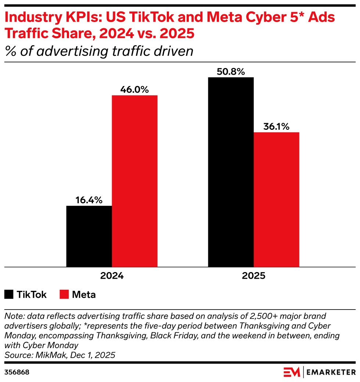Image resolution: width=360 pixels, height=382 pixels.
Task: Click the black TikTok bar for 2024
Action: (x=89, y=236)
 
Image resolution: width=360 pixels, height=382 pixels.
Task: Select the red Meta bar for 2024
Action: (x=134, y=181)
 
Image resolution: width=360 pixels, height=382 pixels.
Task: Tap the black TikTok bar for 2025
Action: (x=231, y=172)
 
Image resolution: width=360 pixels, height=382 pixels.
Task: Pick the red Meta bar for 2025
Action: (x=276, y=199)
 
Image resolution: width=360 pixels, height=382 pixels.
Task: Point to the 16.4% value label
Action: (x=89, y=200)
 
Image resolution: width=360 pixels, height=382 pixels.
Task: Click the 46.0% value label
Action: (x=135, y=90)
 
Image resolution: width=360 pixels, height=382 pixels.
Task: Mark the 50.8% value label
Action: (x=231, y=72)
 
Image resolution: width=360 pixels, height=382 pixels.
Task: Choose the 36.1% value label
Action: (x=276, y=127)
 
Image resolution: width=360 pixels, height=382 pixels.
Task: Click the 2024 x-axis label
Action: (x=112, y=276)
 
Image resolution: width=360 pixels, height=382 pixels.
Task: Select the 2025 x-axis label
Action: (x=253, y=276)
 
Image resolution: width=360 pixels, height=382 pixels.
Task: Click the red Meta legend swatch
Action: (x=64, y=294)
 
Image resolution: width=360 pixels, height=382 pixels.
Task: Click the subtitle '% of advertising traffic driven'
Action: (x=99, y=51)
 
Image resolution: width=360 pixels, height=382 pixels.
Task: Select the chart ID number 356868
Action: (x=17, y=372)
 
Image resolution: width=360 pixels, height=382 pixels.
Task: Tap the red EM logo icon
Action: (x=292, y=372)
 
